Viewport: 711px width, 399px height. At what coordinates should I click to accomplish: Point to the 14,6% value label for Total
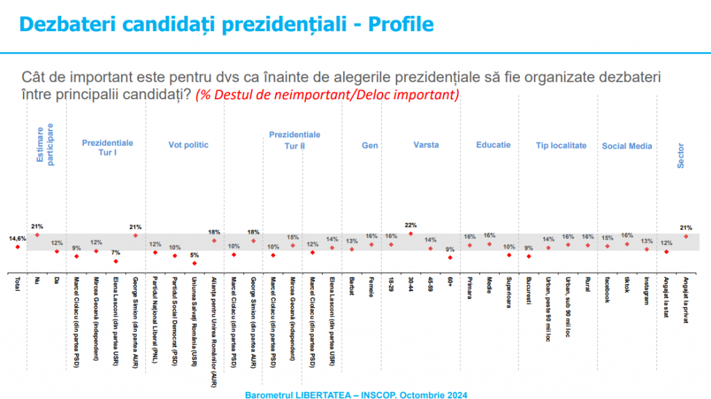[x=17, y=239]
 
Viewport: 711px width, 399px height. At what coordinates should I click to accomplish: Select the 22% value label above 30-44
[x=410, y=225]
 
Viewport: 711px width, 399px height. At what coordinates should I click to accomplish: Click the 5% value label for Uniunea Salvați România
[x=194, y=255]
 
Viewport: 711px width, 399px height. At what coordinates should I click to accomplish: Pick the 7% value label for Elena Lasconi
[x=116, y=253]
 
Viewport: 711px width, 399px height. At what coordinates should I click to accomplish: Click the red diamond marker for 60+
[x=450, y=257]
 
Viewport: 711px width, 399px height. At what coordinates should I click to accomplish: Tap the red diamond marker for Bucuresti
[x=528, y=256]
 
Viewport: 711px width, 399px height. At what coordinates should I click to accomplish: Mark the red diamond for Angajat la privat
[x=686, y=236]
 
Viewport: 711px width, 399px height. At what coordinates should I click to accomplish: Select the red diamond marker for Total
[x=17, y=246]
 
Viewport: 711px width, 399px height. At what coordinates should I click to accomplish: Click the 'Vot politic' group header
[x=188, y=145]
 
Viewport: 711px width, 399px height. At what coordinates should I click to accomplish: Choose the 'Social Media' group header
[x=627, y=146]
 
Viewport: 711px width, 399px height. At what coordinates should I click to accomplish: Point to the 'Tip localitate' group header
[x=561, y=146]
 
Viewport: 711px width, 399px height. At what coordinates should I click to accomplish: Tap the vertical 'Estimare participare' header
[x=44, y=144]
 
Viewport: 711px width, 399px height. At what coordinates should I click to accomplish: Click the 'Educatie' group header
[x=493, y=145]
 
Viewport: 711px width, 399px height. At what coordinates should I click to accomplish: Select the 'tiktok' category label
[x=627, y=291]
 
